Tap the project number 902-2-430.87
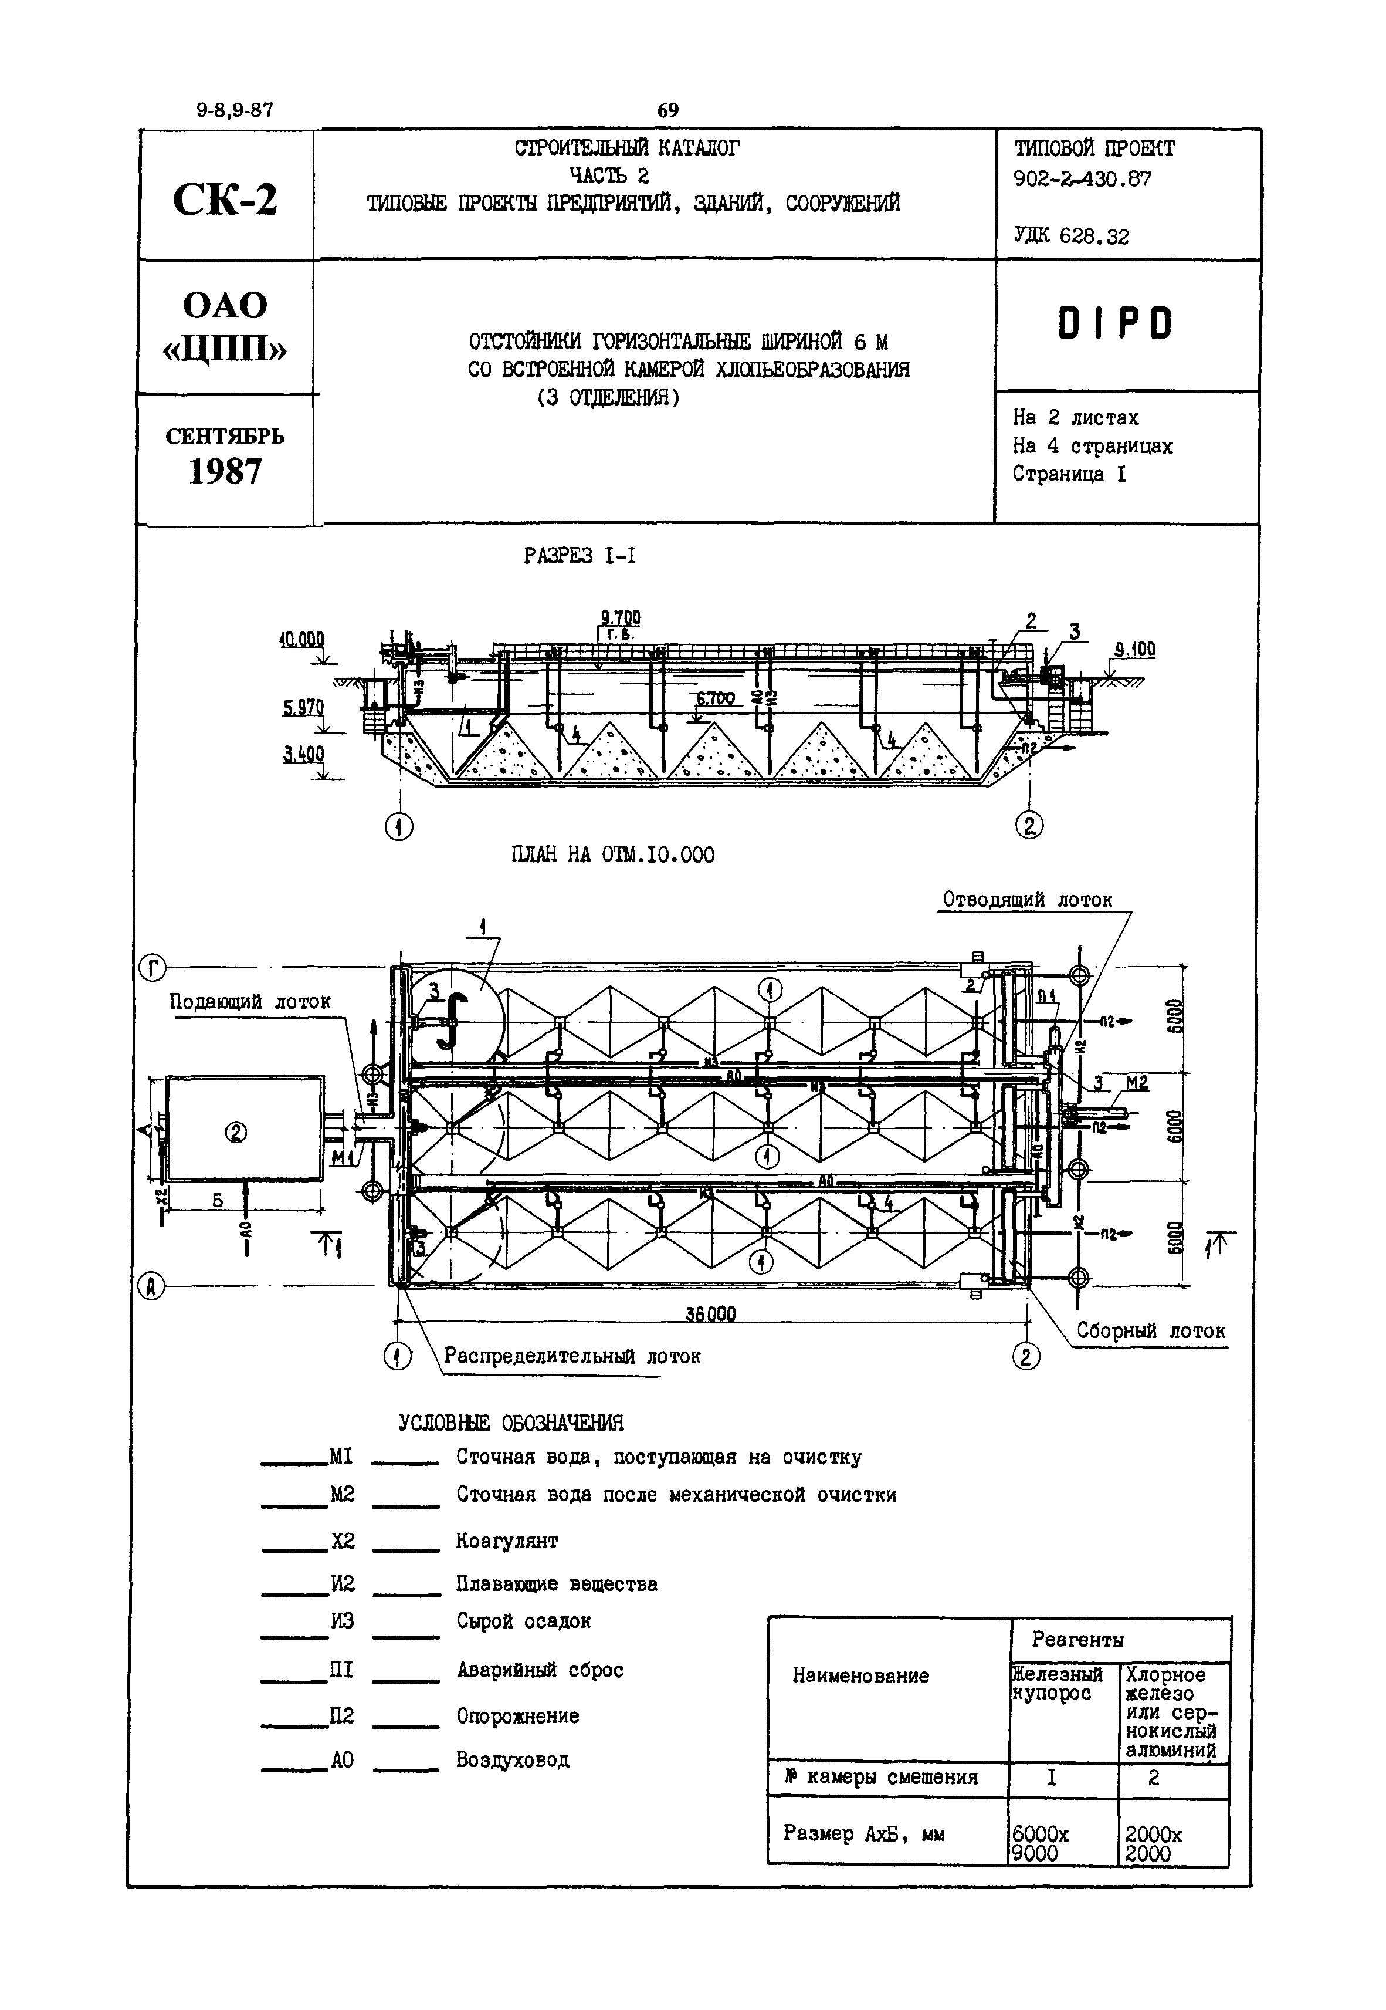(1082, 179)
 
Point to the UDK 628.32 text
(1071, 235)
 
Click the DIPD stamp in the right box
(1115, 324)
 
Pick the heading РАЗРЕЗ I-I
(580, 556)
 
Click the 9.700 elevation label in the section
(620, 617)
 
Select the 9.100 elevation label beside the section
(1135, 649)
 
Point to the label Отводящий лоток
(1028, 900)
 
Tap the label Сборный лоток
(1151, 1331)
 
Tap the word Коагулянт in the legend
(507, 1541)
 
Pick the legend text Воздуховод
(513, 1760)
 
